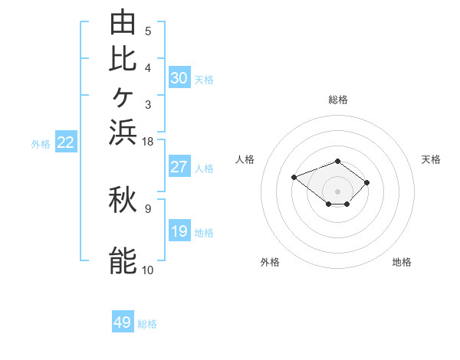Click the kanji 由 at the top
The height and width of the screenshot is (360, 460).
(x=123, y=22)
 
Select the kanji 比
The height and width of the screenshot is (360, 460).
(x=123, y=59)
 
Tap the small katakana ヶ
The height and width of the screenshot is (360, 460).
(x=123, y=97)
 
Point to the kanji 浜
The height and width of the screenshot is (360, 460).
(x=123, y=133)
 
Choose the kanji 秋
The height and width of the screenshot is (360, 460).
(x=123, y=199)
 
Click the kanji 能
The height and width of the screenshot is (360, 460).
(x=123, y=260)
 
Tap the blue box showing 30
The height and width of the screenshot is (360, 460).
(x=179, y=77)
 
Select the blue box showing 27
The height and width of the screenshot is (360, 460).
(x=179, y=166)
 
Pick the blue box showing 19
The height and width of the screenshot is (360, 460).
(x=179, y=230)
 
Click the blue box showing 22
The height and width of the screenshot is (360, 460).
(x=66, y=141)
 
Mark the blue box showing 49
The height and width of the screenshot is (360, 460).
(x=123, y=321)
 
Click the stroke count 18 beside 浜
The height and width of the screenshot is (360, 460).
(x=147, y=142)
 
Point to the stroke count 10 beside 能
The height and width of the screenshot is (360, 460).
(x=147, y=270)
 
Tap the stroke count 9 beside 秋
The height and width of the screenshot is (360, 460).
(x=148, y=209)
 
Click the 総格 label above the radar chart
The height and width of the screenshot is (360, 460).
(x=338, y=100)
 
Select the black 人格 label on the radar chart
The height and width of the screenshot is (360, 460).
(x=245, y=159)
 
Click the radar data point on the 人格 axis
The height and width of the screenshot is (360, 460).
(x=294, y=178)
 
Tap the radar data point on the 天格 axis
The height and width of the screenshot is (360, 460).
(x=366, y=182)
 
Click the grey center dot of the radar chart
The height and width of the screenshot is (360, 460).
(x=337, y=191)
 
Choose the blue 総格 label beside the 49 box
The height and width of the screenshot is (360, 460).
(x=147, y=324)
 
